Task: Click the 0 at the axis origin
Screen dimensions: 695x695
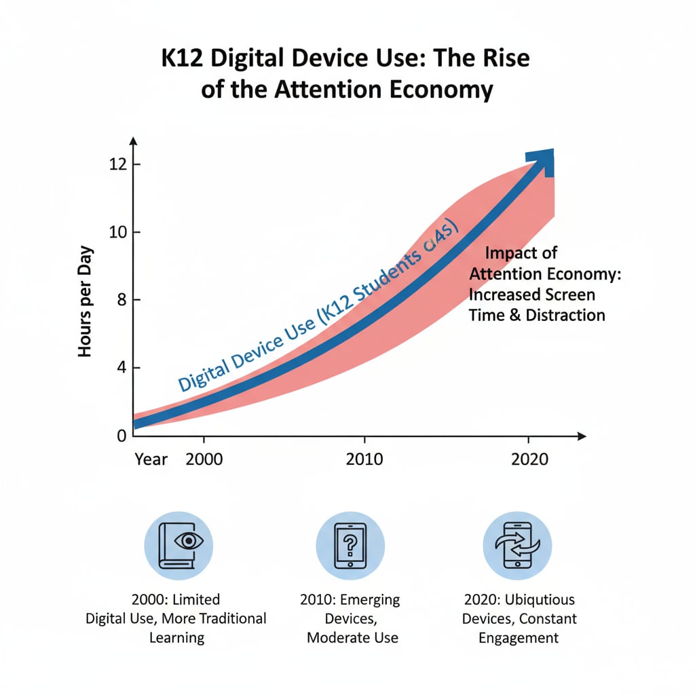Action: (x=121, y=436)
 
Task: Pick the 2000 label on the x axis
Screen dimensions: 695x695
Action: (x=204, y=459)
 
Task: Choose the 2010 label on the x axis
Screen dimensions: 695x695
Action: (x=364, y=459)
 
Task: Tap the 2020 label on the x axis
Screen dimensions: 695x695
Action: (x=529, y=459)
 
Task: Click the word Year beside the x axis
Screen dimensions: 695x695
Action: (x=151, y=459)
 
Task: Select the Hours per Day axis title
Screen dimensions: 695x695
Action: (x=86, y=301)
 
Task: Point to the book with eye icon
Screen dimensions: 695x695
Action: (x=179, y=545)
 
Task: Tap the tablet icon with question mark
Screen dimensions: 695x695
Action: (x=350, y=545)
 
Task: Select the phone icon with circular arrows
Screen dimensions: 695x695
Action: (x=516, y=545)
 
